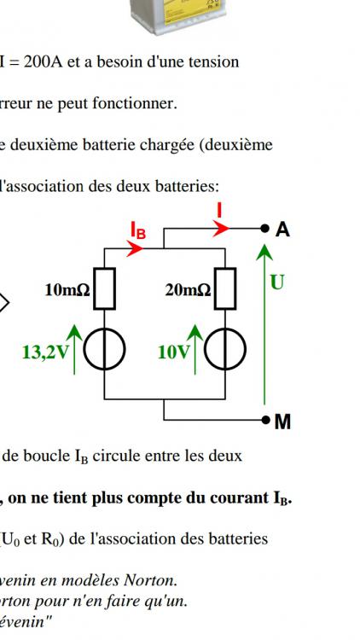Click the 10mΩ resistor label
coord(67,290)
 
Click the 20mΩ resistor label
coord(189,290)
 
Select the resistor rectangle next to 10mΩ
coord(104,288)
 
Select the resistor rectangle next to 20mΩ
coord(225,288)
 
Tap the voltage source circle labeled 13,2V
coord(104,349)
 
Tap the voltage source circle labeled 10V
coord(225,349)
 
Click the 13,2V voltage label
coord(45,352)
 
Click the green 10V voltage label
coord(173,352)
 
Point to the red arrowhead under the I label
coord(221,229)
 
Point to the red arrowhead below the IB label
coord(135,248)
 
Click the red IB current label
coord(138,230)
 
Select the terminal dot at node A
coord(265,229)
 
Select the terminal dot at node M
coord(265,420)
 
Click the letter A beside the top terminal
coord(282,230)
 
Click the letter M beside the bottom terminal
coord(283,422)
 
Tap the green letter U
coord(277,282)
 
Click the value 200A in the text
coord(43,62)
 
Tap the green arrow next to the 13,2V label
coord(74,349)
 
